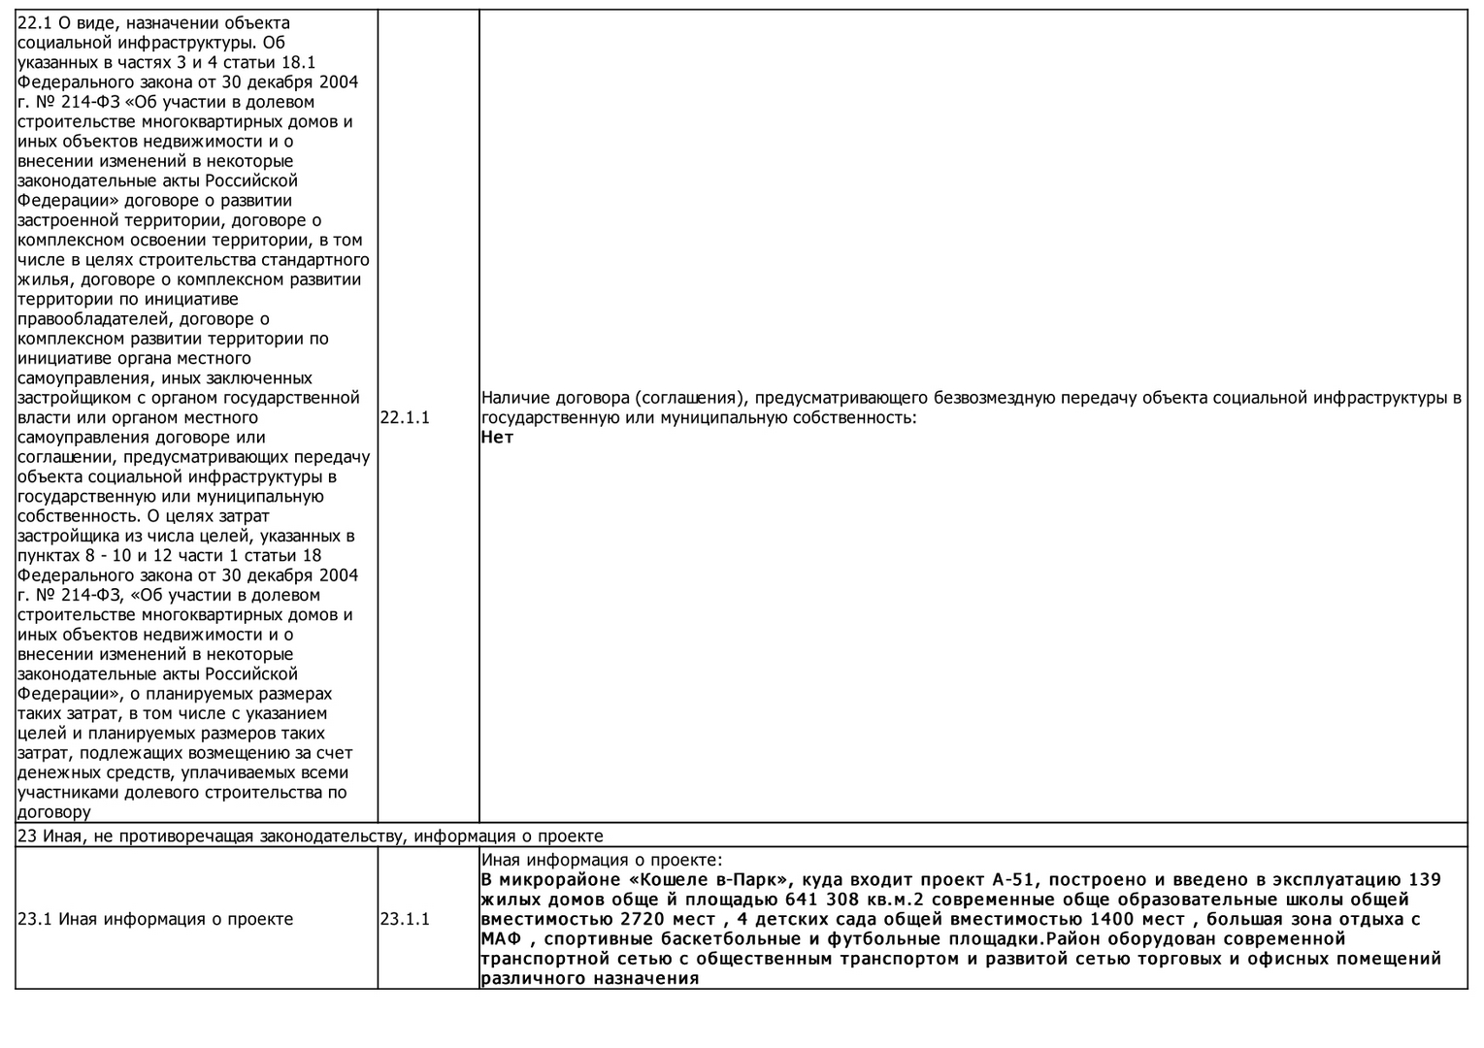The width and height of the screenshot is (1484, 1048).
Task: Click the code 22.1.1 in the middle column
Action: pyautogui.click(x=405, y=417)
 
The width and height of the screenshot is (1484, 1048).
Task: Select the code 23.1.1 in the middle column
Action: pyautogui.click(x=405, y=919)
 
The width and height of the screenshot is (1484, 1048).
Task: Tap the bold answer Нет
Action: pyautogui.click(x=497, y=437)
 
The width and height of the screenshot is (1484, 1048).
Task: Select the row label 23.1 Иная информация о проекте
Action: pyautogui.click(x=155, y=919)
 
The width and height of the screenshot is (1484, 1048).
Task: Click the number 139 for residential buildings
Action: pyautogui.click(x=1424, y=880)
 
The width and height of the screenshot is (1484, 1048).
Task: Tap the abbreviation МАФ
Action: pyautogui.click(x=501, y=939)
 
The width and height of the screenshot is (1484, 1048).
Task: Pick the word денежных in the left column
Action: pyautogui.click(x=57, y=773)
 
